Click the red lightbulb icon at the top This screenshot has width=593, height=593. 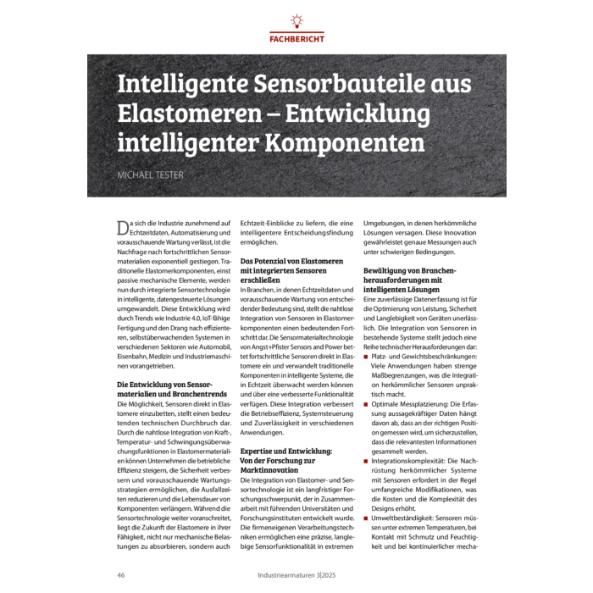pyautogui.click(x=296, y=20)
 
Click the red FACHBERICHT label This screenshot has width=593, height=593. pyautogui.click(x=296, y=39)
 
